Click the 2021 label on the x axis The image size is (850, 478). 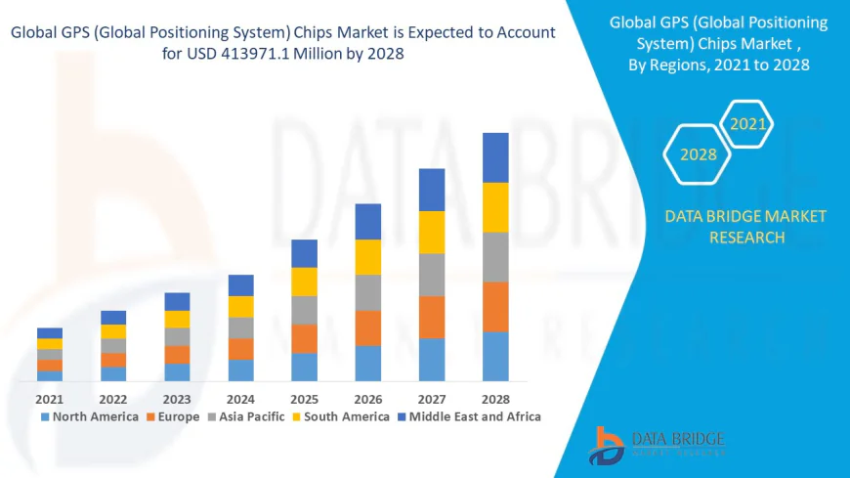click(50, 399)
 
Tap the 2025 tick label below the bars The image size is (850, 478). click(304, 399)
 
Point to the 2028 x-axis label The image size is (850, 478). click(495, 399)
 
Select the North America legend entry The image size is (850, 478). click(89, 416)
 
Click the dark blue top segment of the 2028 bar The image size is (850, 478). click(495, 157)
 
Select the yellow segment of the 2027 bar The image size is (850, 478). click(432, 232)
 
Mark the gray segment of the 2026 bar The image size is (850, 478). click(367, 292)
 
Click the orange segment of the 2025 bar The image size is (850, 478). click(304, 338)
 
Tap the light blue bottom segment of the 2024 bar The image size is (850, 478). click(240, 369)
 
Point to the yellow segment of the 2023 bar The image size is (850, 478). click(177, 319)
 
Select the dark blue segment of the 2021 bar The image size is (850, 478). click(50, 332)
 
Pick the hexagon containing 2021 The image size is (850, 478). click(748, 124)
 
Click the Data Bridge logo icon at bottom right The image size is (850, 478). click(608, 446)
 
